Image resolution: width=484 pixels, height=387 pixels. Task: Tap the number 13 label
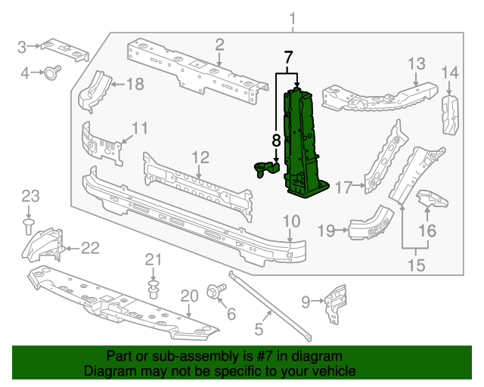click(417, 63)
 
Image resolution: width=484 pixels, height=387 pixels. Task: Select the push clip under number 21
click(154, 289)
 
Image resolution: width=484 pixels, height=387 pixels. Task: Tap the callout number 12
click(200, 157)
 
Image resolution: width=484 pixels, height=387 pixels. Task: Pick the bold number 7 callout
click(287, 57)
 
